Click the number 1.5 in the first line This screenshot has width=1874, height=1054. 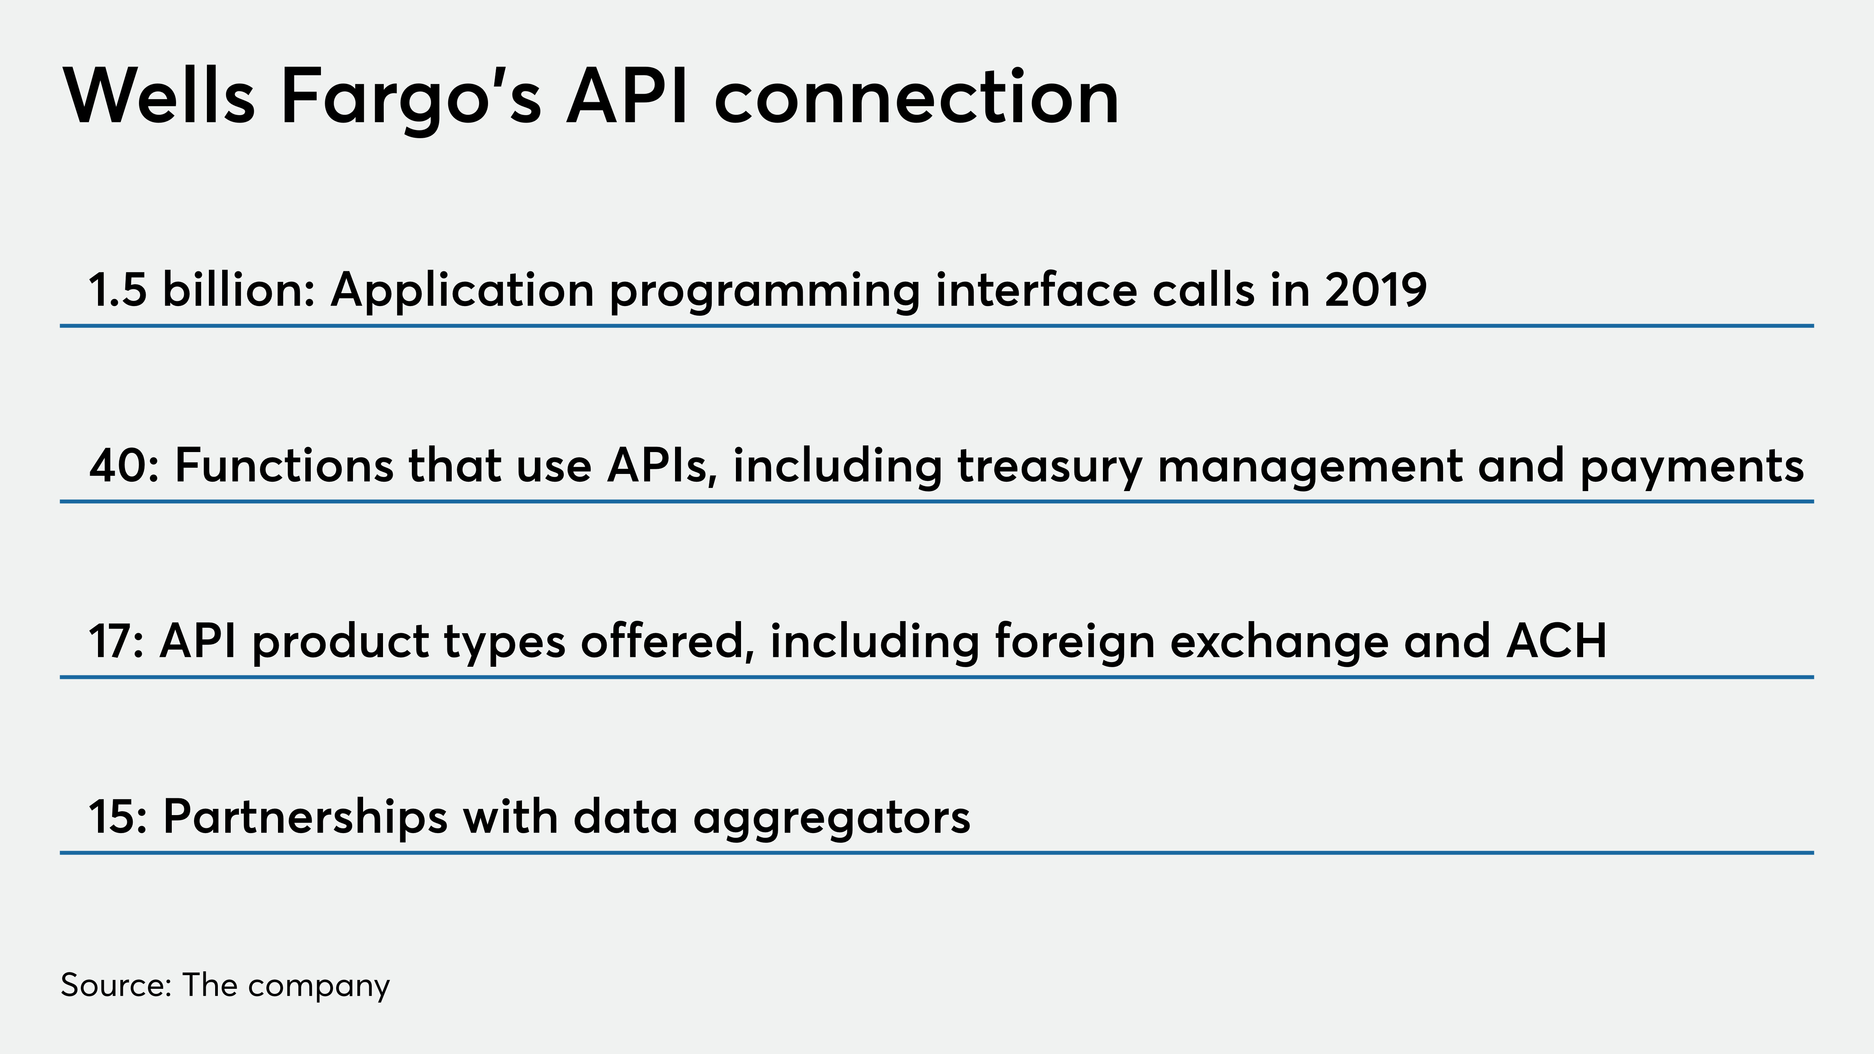point(118,290)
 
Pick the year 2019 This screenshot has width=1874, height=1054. point(1376,290)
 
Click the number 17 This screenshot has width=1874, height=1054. point(116,641)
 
